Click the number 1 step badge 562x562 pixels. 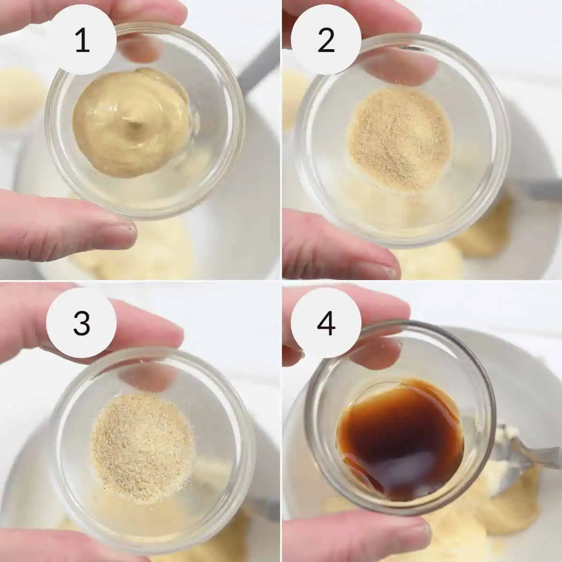point(82,41)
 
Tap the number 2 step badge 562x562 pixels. point(326,41)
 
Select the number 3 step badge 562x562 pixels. point(81,323)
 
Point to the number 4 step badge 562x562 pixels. point(326,323)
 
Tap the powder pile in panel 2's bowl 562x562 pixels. point(401,140)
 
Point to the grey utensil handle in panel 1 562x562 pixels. point(257,67)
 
